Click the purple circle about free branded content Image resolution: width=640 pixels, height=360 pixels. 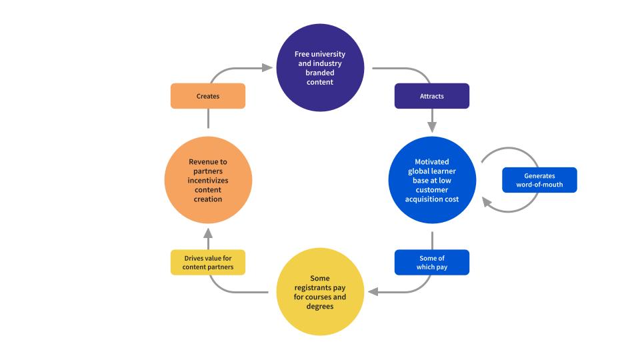click(x=320, y=67)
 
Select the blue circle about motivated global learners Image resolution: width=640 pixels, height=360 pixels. click(x=432, y=180)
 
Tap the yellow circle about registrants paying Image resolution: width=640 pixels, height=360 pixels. click(x=320, y=292)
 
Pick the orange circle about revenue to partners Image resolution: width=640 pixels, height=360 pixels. click(x=208, y=180)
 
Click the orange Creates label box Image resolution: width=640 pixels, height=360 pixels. click(x=208, y=96)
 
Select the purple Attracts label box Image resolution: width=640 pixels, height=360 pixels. click(x=432, y=96)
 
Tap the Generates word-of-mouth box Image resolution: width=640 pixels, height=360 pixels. click(x=539, y=180)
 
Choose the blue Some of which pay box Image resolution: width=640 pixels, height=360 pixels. click(x=432, y=263)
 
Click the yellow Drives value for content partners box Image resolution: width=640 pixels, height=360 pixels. click(x=208, y=263)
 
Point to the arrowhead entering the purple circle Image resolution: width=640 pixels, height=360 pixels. click(x=267, y=68)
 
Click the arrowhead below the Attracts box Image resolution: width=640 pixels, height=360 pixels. click(x=432, y=127)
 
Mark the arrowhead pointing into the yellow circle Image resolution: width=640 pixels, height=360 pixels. click(x=373, y=292)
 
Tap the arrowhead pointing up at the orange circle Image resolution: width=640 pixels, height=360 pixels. click(x=208, y=233)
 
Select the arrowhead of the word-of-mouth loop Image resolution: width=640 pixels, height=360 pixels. click(x=487, y=202)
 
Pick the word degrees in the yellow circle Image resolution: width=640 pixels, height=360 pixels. click(x=320, y=307)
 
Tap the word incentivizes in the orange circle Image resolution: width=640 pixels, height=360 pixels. click(x=208, y=181)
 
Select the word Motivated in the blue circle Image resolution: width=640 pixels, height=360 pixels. click(x=432, y=161)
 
